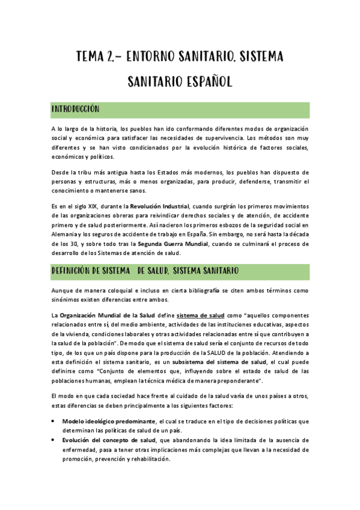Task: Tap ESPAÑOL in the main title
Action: pos(208,81)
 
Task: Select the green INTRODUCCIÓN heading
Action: pos(75,109)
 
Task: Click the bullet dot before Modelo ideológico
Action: pos(54,421)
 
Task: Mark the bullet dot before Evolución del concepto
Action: pos(54,440)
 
